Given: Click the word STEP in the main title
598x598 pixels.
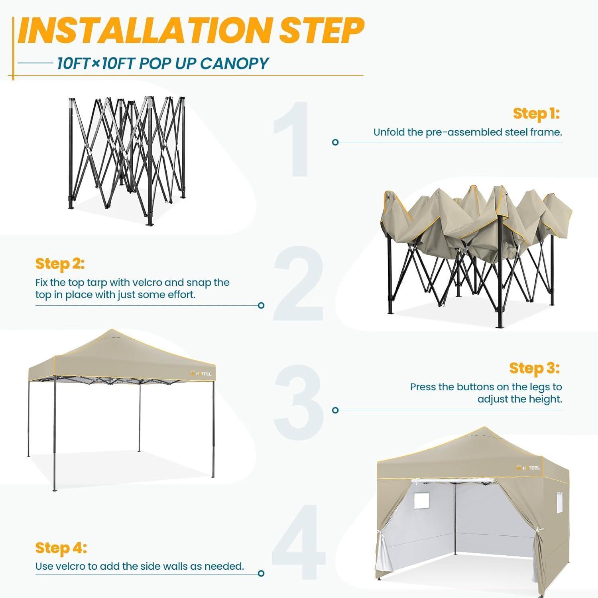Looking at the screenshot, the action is pos(322,31).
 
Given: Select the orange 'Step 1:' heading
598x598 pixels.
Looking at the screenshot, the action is pos(536,114).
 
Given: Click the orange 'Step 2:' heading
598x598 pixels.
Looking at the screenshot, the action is pos(60,264).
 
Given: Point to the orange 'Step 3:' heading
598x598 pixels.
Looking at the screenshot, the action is pos(535,368).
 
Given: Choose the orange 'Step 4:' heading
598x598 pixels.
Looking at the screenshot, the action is pos(61,548).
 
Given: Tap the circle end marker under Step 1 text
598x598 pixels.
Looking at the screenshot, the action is pos(335,142).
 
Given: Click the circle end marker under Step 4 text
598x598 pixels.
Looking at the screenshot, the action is pos(261,573).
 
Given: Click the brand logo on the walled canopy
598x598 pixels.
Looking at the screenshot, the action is pos(528,467).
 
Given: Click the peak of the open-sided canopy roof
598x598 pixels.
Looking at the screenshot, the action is pos(112,330).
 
